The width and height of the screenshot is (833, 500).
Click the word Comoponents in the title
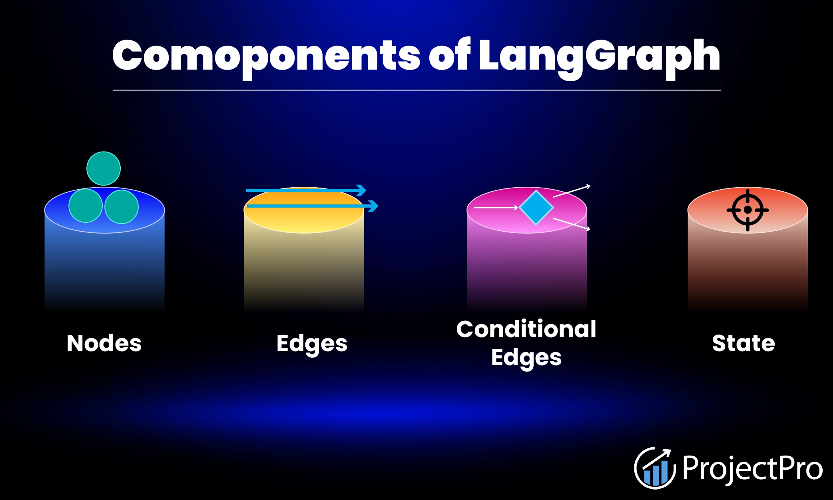tap(266, 56)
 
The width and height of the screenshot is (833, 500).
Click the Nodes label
tap(104, 343)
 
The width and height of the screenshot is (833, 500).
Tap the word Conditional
tap(526, 330)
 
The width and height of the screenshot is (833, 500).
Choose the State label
tap(743, 343)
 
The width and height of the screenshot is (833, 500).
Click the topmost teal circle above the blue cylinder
tap(104, 168)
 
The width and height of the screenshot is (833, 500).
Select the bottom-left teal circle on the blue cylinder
tap(86, 206)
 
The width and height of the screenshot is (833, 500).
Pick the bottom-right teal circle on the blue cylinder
tap(122, 206)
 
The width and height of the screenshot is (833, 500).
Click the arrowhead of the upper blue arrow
tap(361, 190)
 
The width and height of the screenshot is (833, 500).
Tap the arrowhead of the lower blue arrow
tap(373, 206)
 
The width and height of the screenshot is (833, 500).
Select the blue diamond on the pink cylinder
tap(536, 208)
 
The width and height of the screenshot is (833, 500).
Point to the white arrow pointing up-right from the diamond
tap(572, 191)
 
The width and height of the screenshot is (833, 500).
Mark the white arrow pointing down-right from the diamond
tap(572, 224)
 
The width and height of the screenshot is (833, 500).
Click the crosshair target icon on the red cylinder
tap(747, 210)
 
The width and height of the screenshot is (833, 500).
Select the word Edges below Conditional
tap(526, 358)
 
